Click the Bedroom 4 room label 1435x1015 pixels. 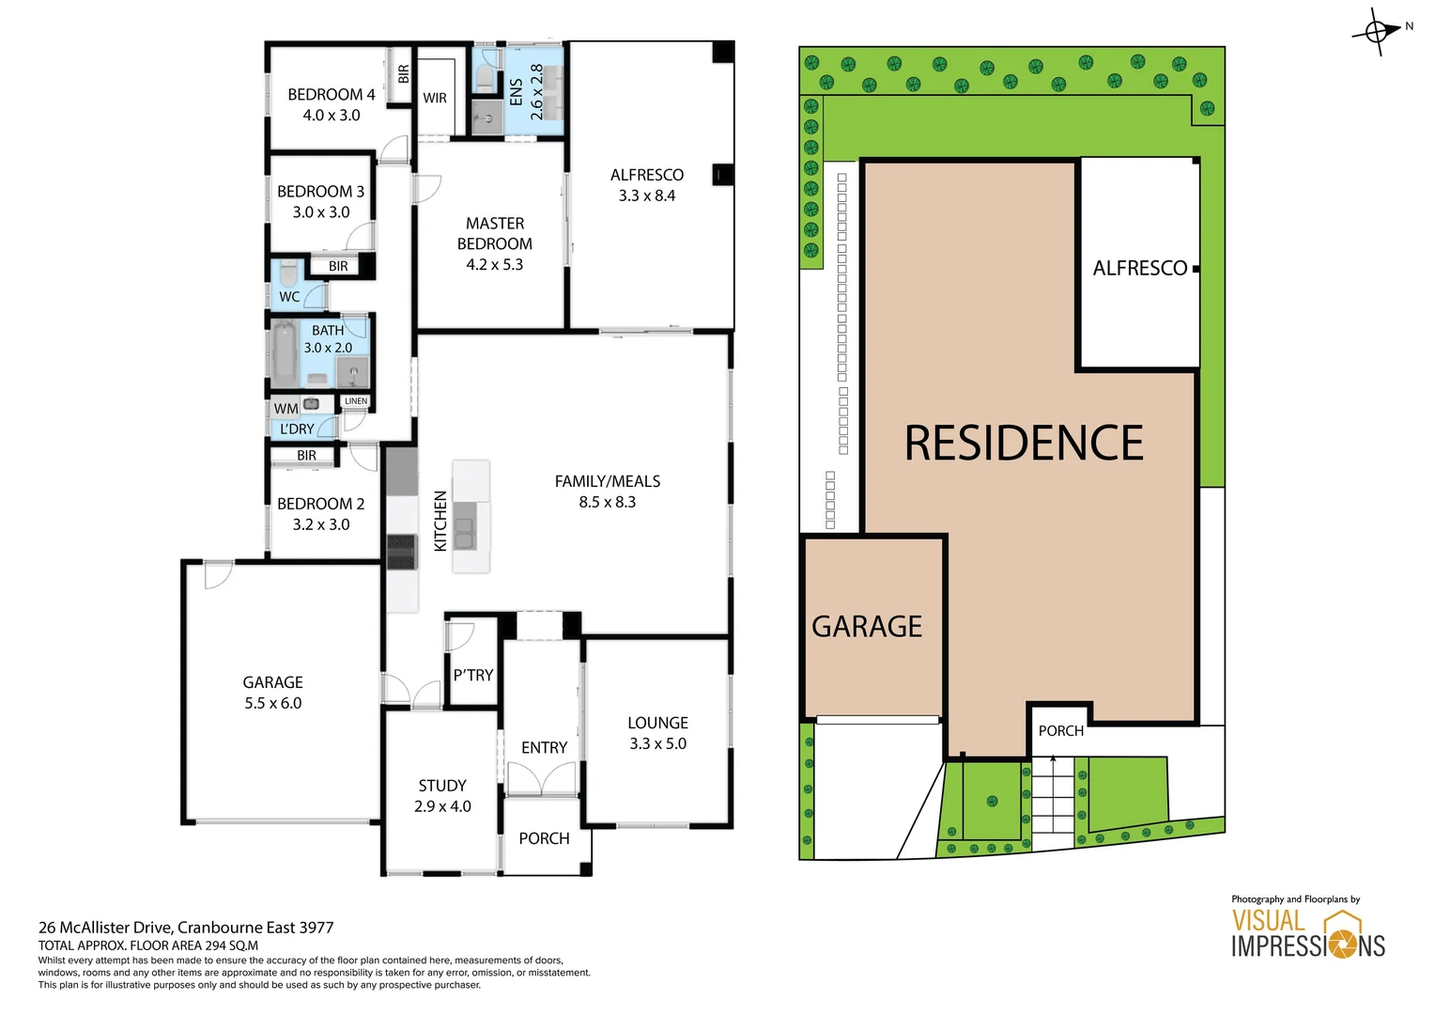click(x=331, y=95)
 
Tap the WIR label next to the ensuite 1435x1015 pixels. click(x=435, y=98)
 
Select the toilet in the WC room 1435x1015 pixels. click(x=288, y=273)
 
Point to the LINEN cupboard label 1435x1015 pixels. click(x=356, y=401)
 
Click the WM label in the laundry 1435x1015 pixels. click(x=285, y=409)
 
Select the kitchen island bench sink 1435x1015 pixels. click(x=464, y=526)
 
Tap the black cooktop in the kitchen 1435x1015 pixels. click(x=401, y=552)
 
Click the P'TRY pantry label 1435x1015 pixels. click(x=473, y=675)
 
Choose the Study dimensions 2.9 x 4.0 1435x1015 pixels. click(x=442, y=806)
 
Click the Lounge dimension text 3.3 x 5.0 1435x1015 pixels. click(x=657, y=743)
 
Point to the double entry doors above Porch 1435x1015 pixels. click(x=541, y=780)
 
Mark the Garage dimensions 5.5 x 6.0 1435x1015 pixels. click(x=273, y=703)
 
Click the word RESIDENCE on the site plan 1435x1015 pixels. click(x=1024, y=443)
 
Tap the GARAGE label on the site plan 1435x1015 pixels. click(x=867, y=627)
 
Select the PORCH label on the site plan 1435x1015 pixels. click(x=1061, y=731)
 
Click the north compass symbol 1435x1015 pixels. click(x=1378, y=32)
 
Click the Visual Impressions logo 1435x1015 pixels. click(x=1308, y=934)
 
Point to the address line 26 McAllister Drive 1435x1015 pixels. click(x=186, y=928)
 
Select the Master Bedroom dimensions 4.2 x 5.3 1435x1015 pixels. click(x=494, y=265)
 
